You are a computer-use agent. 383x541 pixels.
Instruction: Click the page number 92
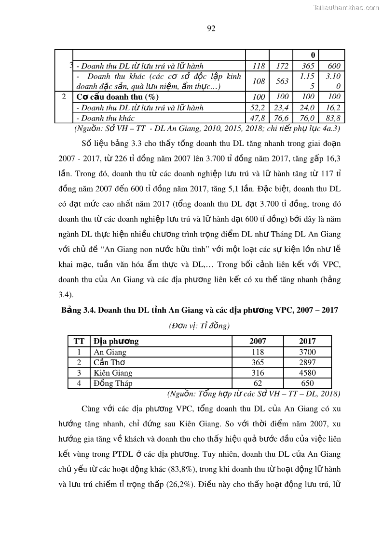coord(211,28)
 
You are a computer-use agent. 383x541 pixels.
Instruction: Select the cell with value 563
coord(282,81)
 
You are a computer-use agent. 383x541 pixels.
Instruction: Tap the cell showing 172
coord(282,66)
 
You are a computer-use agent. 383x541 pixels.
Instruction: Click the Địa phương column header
coord(116,341)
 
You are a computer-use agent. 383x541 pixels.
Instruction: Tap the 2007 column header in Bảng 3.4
coord(258,341)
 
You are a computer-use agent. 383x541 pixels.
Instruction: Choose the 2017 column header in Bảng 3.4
coord(307,341)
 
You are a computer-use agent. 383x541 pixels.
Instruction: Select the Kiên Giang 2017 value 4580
coord(307,373)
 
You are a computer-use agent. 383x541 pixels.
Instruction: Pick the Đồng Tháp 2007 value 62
coord(258,383)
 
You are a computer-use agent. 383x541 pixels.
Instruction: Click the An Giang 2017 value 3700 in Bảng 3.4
coord(307,352)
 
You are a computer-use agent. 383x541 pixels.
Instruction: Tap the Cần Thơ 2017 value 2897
coord(307,362)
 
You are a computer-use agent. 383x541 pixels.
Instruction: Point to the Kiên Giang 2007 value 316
coord(258,373)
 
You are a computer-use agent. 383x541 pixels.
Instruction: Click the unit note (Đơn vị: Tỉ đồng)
coord(199,325)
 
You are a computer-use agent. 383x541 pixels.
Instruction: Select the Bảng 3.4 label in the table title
coord(78,311)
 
